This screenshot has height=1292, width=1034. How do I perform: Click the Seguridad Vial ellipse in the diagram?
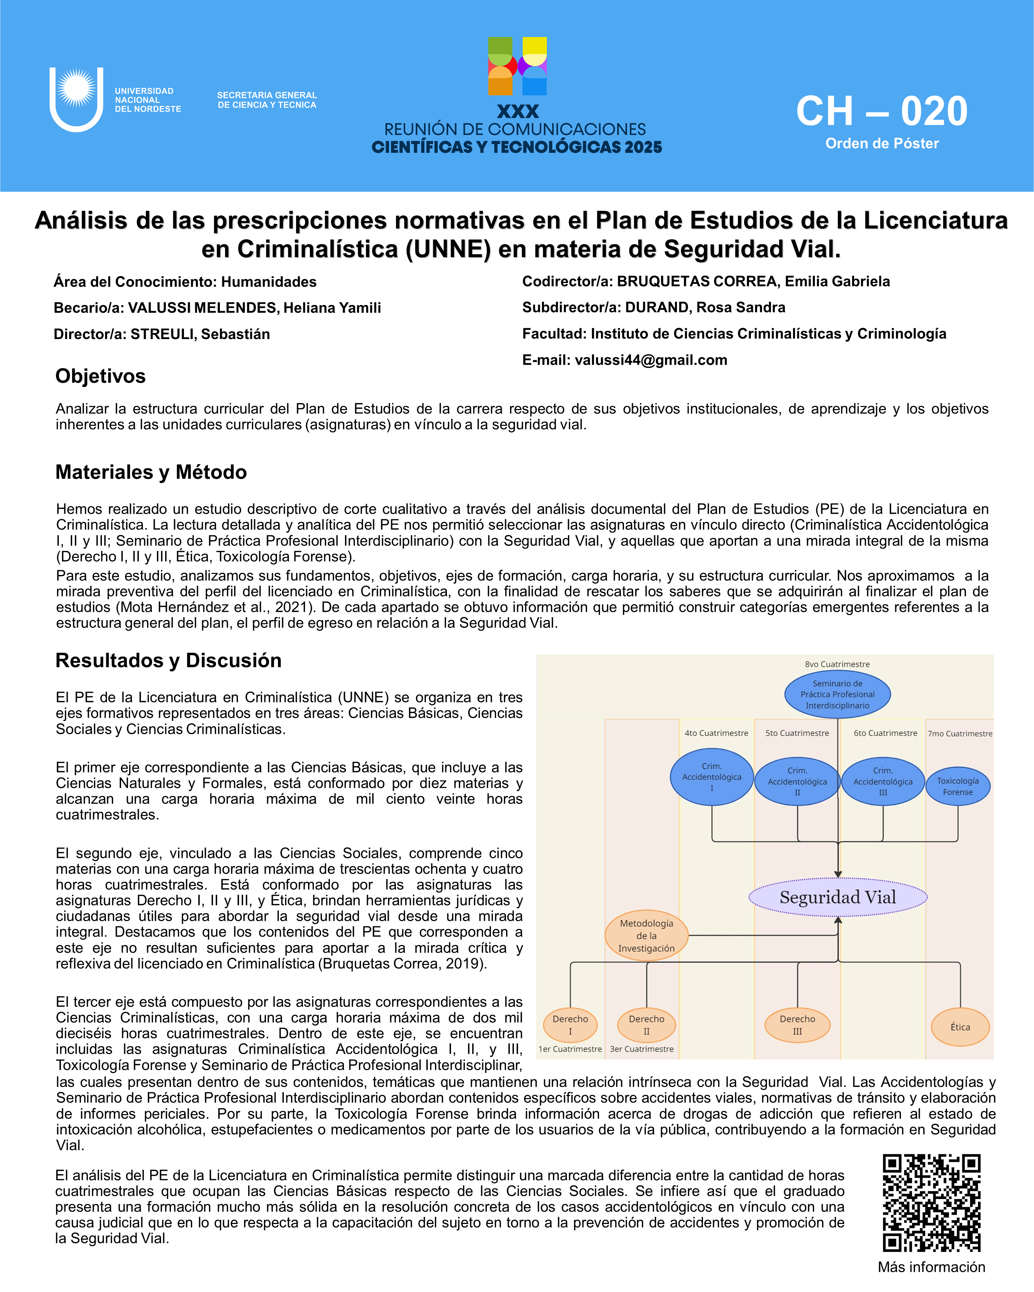[x=837, y=897]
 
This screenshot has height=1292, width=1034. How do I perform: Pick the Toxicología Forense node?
[x=957, y=786]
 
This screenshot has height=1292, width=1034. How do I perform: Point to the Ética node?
[x=960, y=1026]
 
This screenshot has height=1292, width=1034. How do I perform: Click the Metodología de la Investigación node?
[x=646, y=936]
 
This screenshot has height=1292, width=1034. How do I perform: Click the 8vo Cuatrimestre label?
[x=837, y=664]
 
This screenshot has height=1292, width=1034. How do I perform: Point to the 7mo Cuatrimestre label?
[x=960, y=734]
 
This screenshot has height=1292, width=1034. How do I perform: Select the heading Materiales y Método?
[x=151, y=472]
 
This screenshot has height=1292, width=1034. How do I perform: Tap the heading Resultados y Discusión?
[x=169, y=660]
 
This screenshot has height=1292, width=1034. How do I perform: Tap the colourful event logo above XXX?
[x=517, y=67]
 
